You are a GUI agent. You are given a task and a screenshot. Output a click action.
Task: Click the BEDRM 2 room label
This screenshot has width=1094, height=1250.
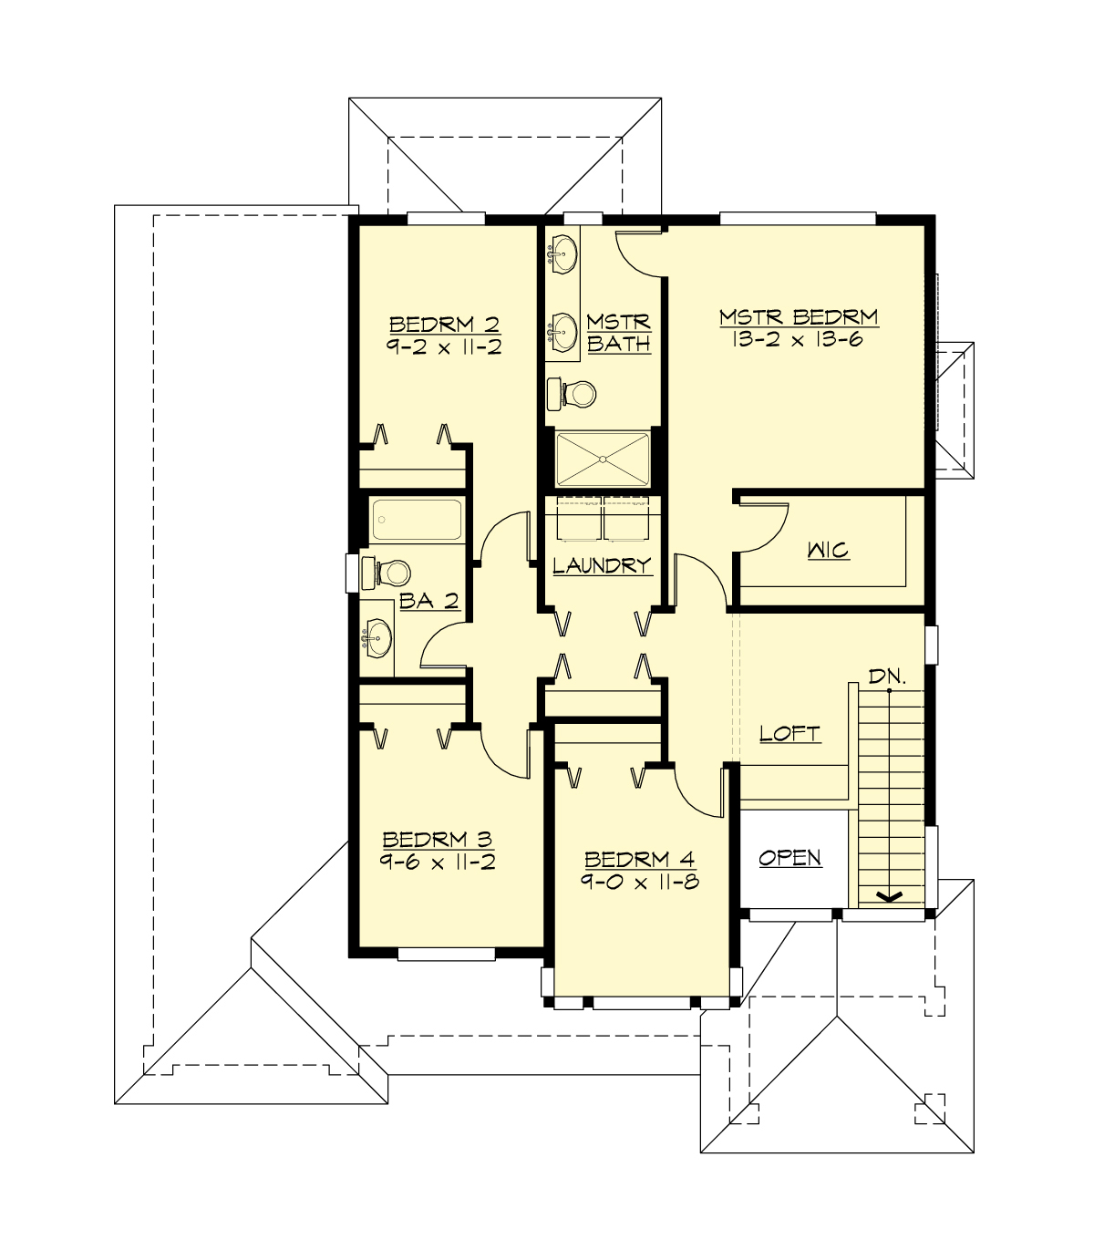(x=444, y=325)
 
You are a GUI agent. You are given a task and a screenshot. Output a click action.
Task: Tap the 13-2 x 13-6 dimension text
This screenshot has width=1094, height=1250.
(x=798, y=340)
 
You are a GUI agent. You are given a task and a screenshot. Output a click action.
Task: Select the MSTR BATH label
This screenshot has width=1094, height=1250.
(x=619, y=333)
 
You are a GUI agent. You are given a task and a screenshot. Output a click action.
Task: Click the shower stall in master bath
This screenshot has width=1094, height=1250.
(x=603, y=460)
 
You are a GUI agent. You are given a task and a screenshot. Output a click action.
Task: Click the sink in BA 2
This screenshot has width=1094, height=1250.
(x=377, y=636)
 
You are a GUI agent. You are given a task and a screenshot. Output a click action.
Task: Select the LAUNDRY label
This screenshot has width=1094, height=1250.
(x=602, y=565)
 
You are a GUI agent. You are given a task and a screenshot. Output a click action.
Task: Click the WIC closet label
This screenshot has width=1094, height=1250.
(x=828, y=550)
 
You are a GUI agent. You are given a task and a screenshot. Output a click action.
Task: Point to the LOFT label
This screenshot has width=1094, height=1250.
(x=790, y=733)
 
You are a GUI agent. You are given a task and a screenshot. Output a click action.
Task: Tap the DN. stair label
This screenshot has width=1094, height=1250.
(x=887, y=677)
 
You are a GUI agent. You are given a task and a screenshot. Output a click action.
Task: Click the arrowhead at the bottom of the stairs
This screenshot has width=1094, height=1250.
(x=888, y=897)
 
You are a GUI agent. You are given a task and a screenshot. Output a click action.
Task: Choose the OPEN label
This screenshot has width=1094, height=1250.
(x=790, y=858)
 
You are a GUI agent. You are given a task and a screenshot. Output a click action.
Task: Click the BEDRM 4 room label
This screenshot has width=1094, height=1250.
(x=640, y=859)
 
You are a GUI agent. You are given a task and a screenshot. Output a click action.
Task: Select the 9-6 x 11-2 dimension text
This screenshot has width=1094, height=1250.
(x=438, y=863)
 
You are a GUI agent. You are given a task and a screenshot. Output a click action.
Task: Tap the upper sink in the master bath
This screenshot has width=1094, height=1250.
(x=564, y=253)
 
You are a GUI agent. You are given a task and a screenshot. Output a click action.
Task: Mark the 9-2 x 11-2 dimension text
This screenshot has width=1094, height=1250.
(x=444, y=347)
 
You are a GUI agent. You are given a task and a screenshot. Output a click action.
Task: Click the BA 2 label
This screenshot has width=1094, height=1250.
(x=428, y=601)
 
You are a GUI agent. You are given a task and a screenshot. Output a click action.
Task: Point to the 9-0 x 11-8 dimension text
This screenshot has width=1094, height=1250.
(x=640, y=883)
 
